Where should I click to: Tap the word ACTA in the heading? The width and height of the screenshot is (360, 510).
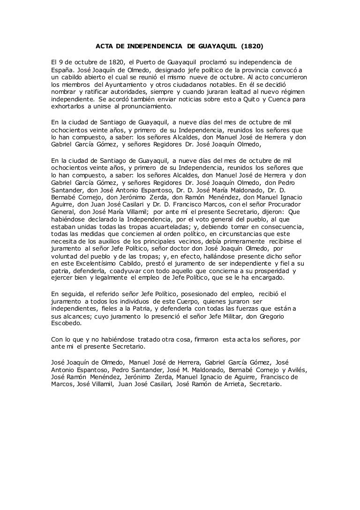(105, 46)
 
